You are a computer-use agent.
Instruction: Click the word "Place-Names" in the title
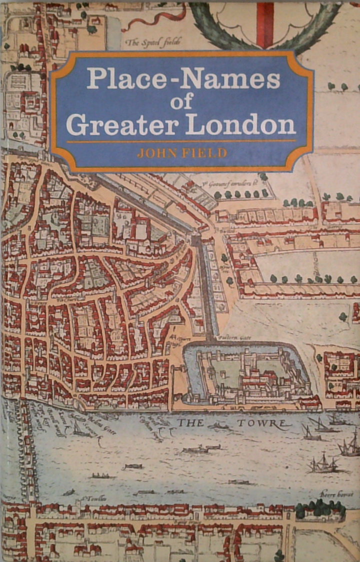(183, 79)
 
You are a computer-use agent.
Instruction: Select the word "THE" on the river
(190, 423)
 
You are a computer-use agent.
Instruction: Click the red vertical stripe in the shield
(265, 25)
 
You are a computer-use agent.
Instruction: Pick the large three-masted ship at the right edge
(350, 444)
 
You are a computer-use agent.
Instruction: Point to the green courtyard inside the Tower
(225, 370)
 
